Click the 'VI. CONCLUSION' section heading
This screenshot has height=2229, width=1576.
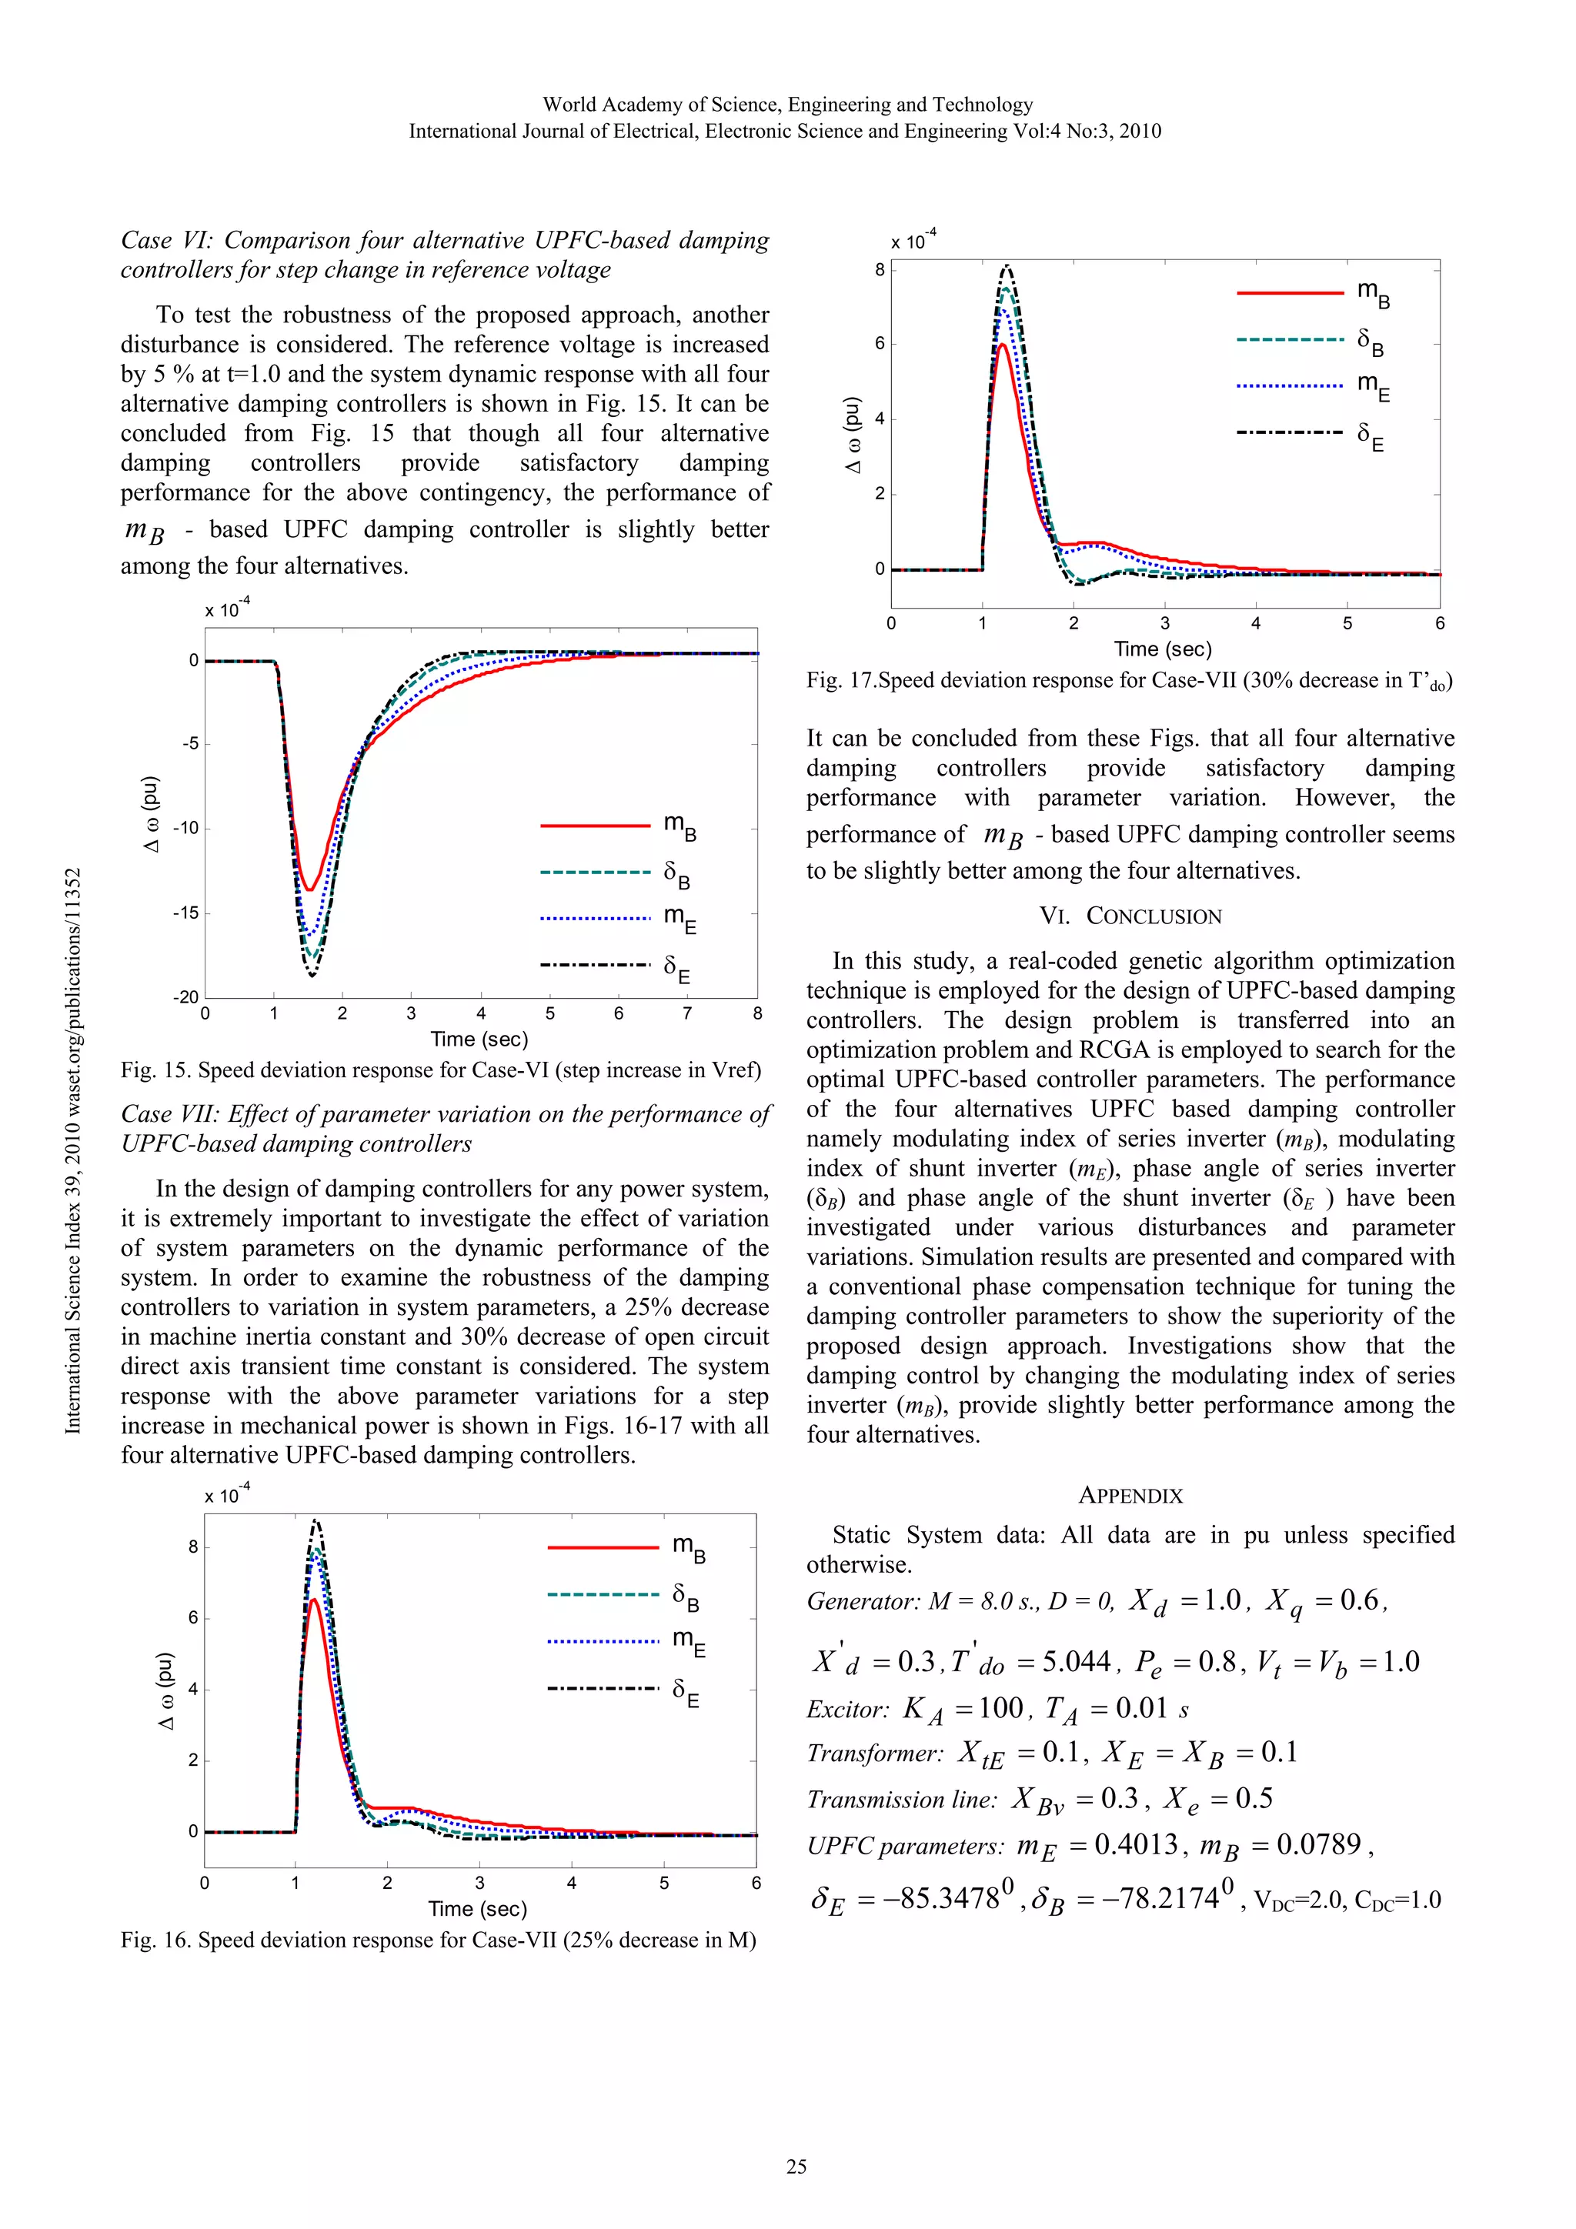point(1130,916)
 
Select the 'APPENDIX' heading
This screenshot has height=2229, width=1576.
point(1130,1495)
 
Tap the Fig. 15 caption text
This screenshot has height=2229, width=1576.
point(440,1069)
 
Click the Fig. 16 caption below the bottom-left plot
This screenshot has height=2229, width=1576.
point(438,1940)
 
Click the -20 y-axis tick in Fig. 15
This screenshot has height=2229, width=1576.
point(185,997)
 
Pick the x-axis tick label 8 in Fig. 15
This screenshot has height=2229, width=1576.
point(757,1013)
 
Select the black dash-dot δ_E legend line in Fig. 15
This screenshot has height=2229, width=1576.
point(594,965)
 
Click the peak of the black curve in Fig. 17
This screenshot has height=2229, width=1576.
point(1007,266)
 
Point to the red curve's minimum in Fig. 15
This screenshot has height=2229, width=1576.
point(309,889)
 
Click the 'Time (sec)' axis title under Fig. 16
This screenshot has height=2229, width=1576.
point(478,1909)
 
